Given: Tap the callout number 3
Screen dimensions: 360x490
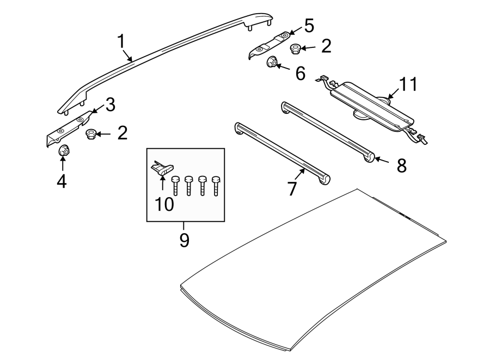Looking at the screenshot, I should pyautogui.click(x=110, y=105).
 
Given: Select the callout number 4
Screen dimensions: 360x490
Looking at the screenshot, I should pyautogui.click(x=62, y=181).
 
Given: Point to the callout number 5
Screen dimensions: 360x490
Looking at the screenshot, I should pyautogui.click(x=309, y=26).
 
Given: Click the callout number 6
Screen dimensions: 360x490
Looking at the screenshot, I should pyautogui.click(x=300, y=74).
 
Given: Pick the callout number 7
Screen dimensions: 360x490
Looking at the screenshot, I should pyautogui.click(x=292, y=189).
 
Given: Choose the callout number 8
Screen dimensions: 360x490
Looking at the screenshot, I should pyautogui.click(x=401, y=166).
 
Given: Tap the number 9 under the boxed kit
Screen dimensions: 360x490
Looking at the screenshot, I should pyautogui.click(x=184, y=239).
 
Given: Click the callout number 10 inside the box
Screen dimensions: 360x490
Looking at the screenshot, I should pyautogui.click(x=164, y=204).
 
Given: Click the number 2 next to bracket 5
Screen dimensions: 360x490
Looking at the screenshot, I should pyautogui.click(x=326, y=46).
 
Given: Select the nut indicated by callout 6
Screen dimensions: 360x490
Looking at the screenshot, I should pyautogui.click(x=271, y=64).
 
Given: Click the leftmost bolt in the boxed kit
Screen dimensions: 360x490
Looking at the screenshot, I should pyautogui.click(x=176, y=185).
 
